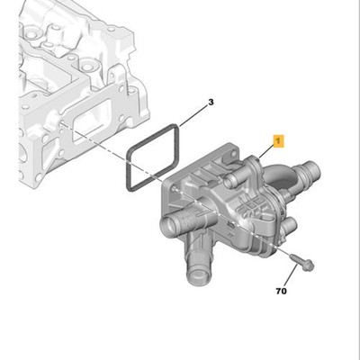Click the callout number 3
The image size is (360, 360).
[211, 103]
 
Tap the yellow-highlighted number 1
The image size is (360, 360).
[278, 141]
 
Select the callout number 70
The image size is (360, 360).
[281, 291]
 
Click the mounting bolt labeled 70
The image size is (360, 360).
[301, 262]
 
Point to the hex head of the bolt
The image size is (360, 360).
[309, 265]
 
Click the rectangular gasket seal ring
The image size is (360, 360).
[152, 157]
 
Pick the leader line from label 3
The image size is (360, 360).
[193, 115]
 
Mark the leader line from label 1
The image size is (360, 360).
[268, 152]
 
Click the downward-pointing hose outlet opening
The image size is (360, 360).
[197, 274]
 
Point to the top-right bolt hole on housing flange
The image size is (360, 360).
[231, 155]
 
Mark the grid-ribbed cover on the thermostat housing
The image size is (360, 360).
[252, 206]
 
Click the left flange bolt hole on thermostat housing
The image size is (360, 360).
[175, 189]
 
